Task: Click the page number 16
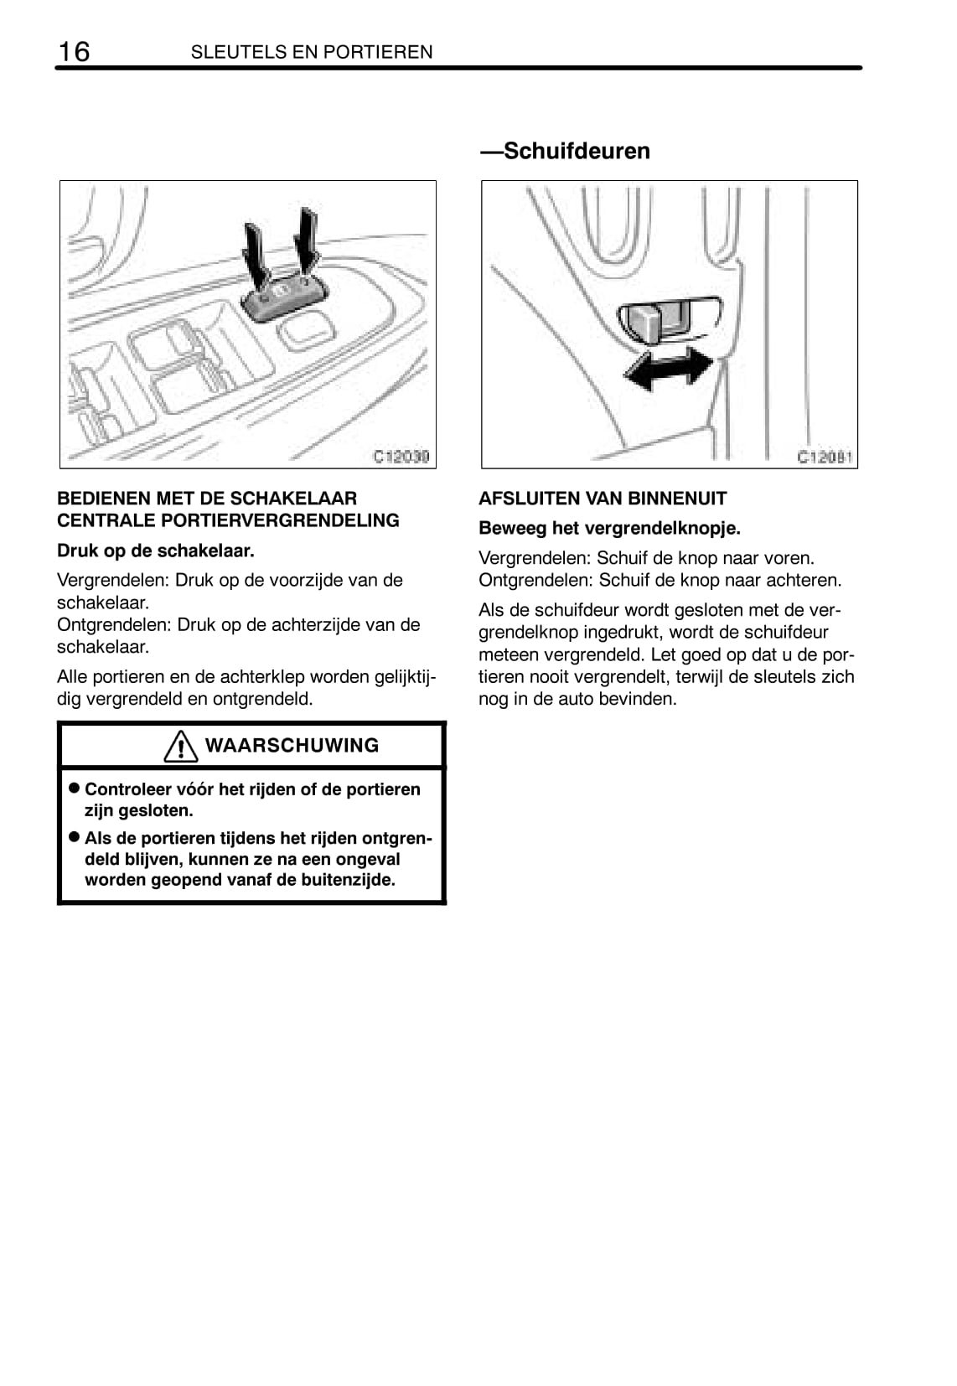tap(74, 52)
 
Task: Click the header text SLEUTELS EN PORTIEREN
tap(312, 52)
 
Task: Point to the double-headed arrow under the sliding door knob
tap(669, 369)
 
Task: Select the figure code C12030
tap(401, 457)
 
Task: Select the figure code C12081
tap(825, 457)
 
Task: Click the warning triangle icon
tap(181, 746)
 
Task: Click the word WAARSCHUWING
tap(292, 746)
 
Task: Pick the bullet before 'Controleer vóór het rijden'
tap(74, 789)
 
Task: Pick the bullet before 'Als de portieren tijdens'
tap(74, 837)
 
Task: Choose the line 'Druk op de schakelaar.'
tap(156, 551)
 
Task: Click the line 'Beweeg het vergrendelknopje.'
tap(609, 529)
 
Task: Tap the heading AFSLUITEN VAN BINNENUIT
tap(603, 499)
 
